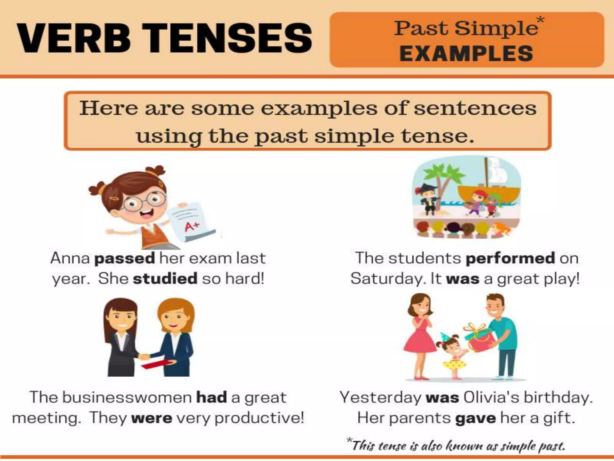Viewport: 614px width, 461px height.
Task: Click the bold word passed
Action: pyautogui.click(x=124, y=258)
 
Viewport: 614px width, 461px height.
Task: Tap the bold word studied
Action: pyautogui.click(x=165, y=279)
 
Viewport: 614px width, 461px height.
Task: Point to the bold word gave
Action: pyautogui.click(x=475, y=418)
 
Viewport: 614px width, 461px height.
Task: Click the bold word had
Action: pyautogui.click(x=211, y=398)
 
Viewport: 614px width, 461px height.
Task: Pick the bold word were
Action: pyautogui.click(x=152, y=418)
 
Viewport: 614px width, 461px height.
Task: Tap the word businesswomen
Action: pyautogui.click(x=127, y=398)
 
